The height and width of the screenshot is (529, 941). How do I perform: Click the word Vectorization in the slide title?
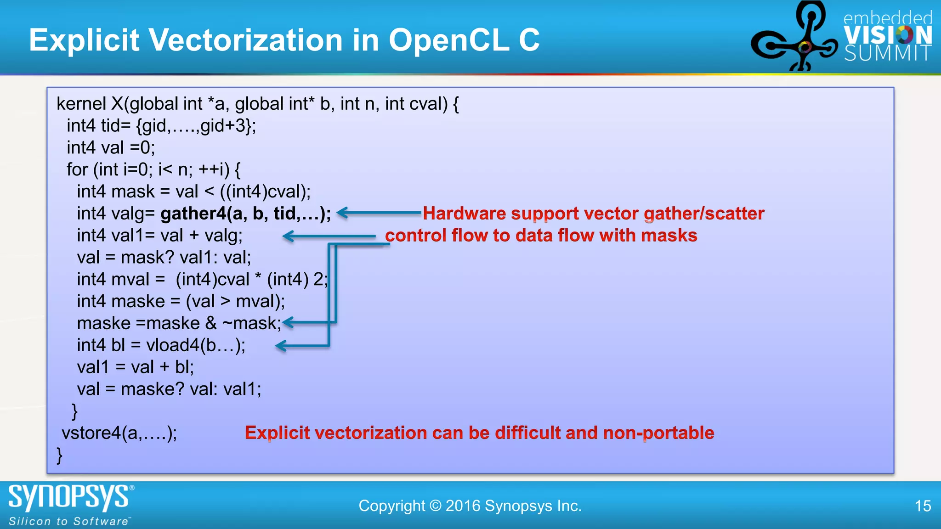click(x=246, y=40)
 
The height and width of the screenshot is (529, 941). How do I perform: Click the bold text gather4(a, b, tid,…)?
click(x=245, y=214)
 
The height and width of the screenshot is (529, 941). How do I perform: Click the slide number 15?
click(x=922, y=506)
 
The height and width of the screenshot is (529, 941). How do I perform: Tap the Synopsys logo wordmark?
click(x=69, y=497)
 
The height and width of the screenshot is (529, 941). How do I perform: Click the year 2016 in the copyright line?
click(x=463, y=506)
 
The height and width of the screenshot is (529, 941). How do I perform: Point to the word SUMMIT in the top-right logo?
click(x=887, y=54)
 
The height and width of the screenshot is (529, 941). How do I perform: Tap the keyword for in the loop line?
click(x=77, y=170)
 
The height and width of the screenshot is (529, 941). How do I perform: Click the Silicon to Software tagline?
click(x=69, y=521)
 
